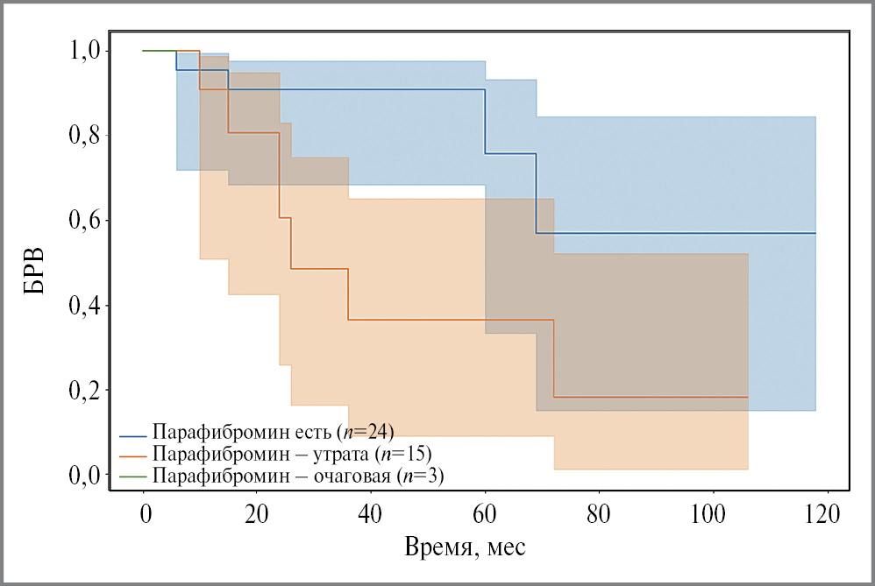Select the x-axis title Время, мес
coord(465,549)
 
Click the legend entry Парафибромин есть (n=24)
coord(273,432)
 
